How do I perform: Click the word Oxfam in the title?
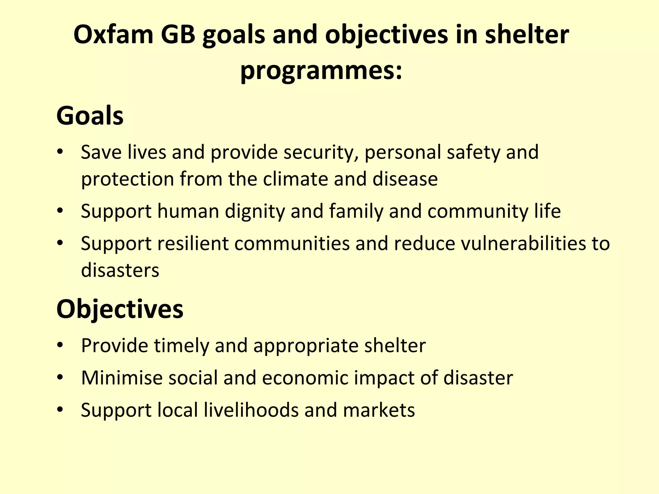pyautogui.click(x=114, y=35)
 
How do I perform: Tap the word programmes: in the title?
pyautogui.click(x=321, y=71)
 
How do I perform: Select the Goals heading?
pyautogui.click(x=90, y=116)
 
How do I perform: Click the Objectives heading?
pyautogui.click(x=120, y=309)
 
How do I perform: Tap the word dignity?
pyautogui.click(x=255, y=212)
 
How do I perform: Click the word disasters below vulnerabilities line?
pyautogui.click(x=120, y=270)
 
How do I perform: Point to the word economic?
pyautogui.click(x=305, y=378)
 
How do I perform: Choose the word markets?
pyautogui.click(x=379, y=410)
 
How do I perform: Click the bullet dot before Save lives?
pyautogui.click(x=60, y=152)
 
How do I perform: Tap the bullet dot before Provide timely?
pyautogui.click(x=60, y=345)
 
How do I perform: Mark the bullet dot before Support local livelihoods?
pyautogui.click(x=60, y=410)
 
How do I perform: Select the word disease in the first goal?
pyautogui.click(x=405, y=179)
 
